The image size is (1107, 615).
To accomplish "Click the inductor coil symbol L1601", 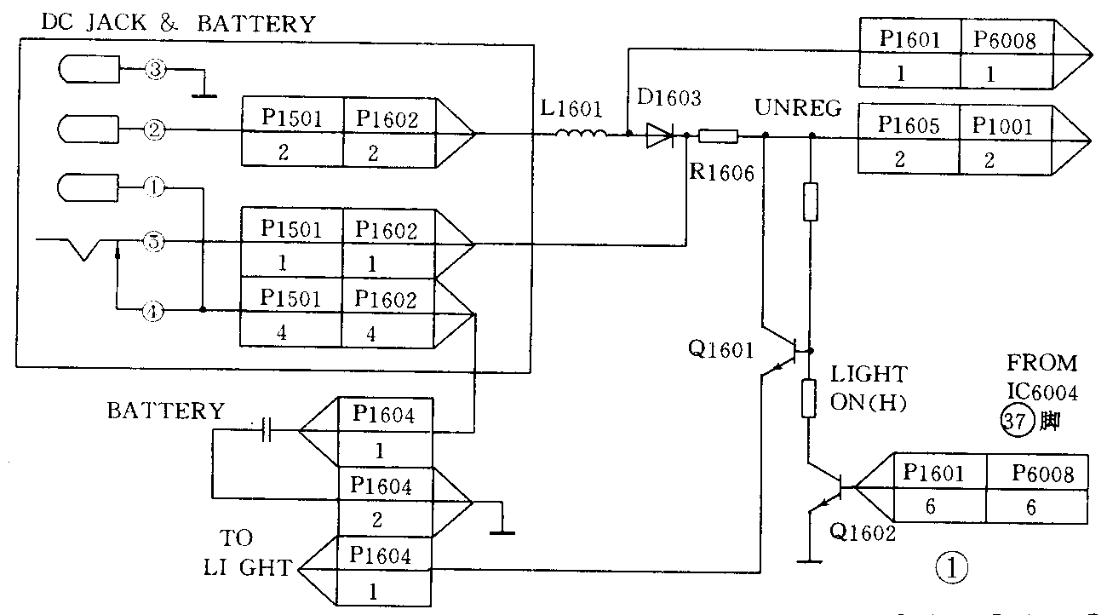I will pyautogui.click(x=582, y=133).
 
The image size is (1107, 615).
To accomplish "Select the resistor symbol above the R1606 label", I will pyautogui.click(x=717, y=135).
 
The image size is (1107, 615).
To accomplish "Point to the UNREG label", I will pyautogui.click(x=798, y=109).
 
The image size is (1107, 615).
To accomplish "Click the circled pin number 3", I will pyautogui.click(x=154, y=70).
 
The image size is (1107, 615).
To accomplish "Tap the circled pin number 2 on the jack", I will pyautogui.click(x=154, y=130).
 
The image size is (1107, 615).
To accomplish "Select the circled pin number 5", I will pyautogui.click(x=154, y=243).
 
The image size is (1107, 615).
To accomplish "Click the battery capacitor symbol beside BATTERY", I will pyautogui.click(x=267, y=430).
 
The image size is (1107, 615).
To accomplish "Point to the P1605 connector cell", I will pyautogui.click(x=910, y=126).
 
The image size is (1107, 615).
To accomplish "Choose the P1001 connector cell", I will pyautogui.click(x=1004, y=126).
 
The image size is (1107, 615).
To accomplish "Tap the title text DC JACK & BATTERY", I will pyautogui.click(x=178, y=24).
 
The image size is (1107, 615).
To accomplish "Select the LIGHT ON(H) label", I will pyautogui.click(x=869, y=388).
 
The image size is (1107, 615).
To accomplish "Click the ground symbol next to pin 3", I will pyautogui.click(x=203, y=92).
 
